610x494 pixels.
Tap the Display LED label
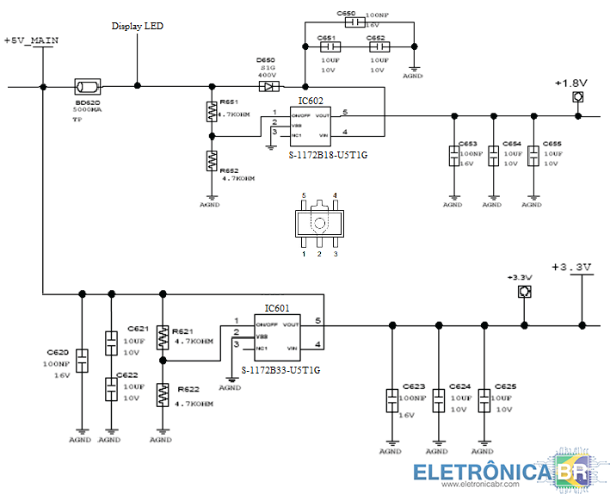(137, 26)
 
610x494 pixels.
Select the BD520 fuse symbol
(87, 86)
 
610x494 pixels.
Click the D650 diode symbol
(268, 86)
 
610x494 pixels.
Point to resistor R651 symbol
(211, 112)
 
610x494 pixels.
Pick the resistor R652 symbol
(211, 160)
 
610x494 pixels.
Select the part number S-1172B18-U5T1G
(328, 155)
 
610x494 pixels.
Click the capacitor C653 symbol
(453, 156)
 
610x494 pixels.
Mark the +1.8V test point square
(577, 98)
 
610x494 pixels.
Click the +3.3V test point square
(522, 293)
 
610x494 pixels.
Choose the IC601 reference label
(277, 308)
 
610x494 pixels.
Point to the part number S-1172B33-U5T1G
(280, 370)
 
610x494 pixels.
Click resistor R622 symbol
(161, 394)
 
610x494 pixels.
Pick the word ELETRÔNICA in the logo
(484, 472)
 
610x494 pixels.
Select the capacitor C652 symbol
(378, 47)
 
